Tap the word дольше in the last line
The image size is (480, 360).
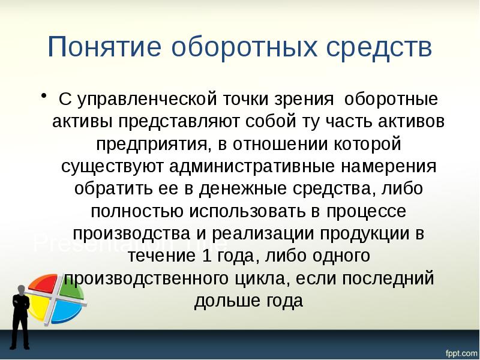click(x=221, y=302)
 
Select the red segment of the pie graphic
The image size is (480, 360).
click(x=42, y=287)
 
